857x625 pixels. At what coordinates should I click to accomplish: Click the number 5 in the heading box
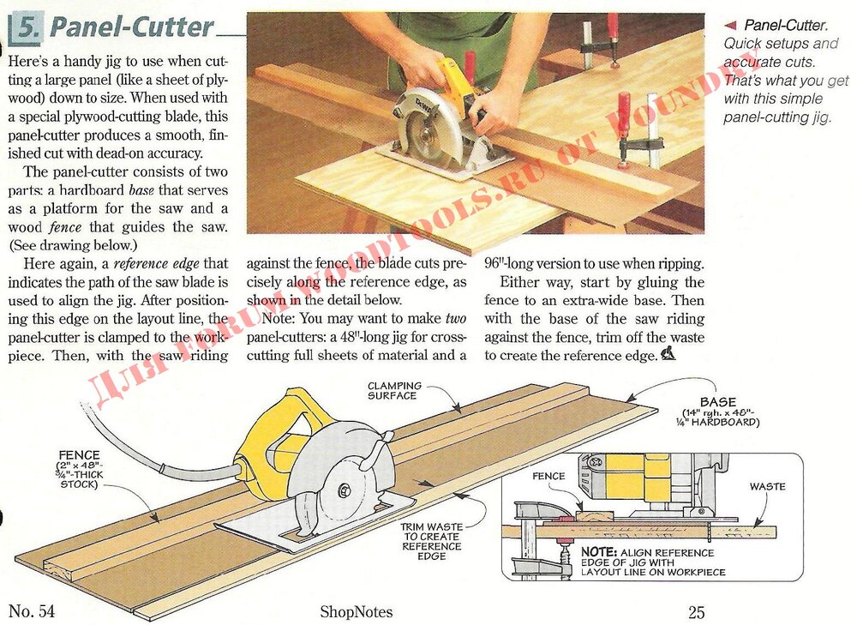pyautogui.click(x=27, y=29)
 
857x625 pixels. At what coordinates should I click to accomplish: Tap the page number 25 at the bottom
pyautogui.click(x=696, y=612)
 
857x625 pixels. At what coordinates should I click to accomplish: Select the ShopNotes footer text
pyautogui.click(x=356, y=612)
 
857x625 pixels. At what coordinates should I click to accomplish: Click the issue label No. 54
pyautogui.click(x=32, y=611)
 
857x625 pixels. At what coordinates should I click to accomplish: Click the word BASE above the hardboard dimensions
pyautogui.click(x=717, y=401)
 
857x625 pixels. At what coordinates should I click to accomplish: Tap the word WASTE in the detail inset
pyautogui.click(x=767, y=487)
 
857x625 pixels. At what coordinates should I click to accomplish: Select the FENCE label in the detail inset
pyautogui.click(x=548, y=476)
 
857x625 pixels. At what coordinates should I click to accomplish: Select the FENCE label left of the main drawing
pyautogui.click(x=80, y=454)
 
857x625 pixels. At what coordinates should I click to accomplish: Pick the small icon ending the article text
pyautogui.click(x=668, y=354)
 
